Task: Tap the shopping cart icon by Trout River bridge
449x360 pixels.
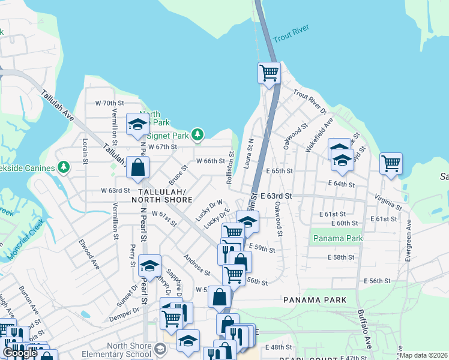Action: [x=270, y=73]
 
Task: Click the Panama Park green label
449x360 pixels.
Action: [x=334, y=238]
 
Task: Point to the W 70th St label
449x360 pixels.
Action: [x=109, y=103]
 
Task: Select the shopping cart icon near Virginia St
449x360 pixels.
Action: [x=391, y=163]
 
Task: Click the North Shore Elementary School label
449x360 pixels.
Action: [x=128, y=350]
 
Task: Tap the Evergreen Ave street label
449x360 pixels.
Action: [x=409, y=242]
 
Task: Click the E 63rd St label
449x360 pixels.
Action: [x=276, y=196]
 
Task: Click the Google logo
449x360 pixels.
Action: [x=20, y=353]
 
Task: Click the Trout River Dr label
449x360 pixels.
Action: [x=309, y=102]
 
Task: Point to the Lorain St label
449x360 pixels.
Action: [x=85, y=150]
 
